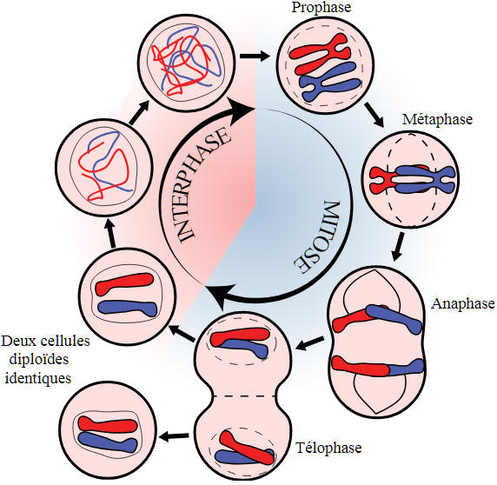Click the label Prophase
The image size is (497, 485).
(321, 8)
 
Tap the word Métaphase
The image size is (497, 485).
(437, 119)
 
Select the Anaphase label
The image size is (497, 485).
(463, 303)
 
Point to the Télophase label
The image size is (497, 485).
(328, 448)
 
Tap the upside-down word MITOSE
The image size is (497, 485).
(318, 237)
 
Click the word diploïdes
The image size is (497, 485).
(39, 360)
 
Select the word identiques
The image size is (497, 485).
(38, 378)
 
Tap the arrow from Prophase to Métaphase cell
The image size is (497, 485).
(374, 114)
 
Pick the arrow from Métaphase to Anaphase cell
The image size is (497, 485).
(398, 247)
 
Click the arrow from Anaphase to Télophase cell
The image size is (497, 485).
(310, 343)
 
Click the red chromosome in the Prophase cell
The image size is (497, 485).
(320, 54)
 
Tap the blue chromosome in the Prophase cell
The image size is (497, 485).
(330, 82)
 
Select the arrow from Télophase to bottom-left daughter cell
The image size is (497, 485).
(175, 437)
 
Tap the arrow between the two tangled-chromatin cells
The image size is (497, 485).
(139, 113)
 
